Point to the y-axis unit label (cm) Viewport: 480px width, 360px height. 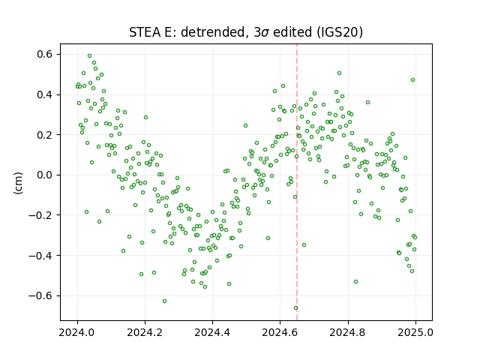tap(18, 183)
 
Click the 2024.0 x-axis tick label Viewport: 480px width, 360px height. tap(77, 332)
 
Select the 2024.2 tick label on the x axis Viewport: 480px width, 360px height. tap(145, 332)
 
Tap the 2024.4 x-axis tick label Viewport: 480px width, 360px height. tap(212, 332)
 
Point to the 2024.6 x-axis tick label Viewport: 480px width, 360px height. tap(280, 332)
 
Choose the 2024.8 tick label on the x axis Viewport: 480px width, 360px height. tap(348, 332)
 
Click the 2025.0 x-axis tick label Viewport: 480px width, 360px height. tap(415, 332)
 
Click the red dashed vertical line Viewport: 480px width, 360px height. tap(297, 182)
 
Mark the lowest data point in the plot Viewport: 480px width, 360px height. tap(295, 308)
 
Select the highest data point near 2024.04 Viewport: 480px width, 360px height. tap(90, 56)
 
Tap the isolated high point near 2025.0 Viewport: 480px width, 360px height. tap(412, 80)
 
